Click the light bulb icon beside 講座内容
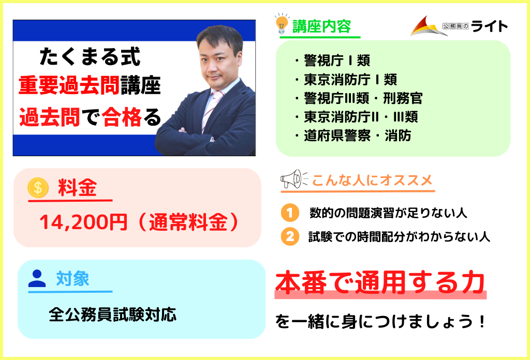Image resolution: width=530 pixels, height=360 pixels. [282, 24]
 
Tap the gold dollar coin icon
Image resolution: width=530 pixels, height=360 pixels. [38, 187]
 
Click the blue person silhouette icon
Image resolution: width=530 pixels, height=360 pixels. [37, 279]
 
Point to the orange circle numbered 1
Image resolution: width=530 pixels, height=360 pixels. [290, 213]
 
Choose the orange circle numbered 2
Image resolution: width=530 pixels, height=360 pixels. [290, 236]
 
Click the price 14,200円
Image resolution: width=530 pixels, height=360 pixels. [83, 222]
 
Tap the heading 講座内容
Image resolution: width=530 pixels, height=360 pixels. [321, 26]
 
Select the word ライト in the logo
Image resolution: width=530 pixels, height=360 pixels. [489, 26]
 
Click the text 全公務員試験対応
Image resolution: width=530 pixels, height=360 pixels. [112, 315]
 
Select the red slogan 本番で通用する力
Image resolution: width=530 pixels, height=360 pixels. [380, 282]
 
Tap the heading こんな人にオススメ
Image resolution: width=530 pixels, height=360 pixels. [372, 181]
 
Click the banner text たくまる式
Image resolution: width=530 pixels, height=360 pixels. [90, 56]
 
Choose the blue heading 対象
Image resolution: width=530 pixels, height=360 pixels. [72, 279]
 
